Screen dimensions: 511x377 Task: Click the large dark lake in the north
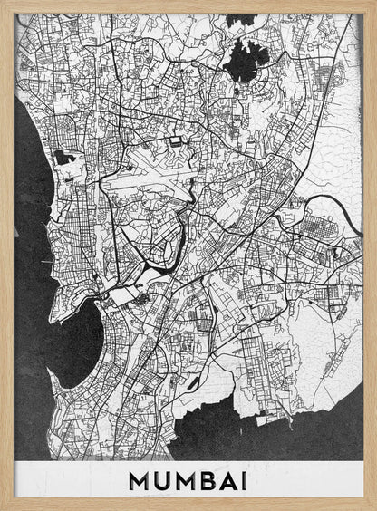point(245,62)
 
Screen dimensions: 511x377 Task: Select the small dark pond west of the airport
point(63,158)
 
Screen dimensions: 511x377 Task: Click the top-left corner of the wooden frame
point(4,4)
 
